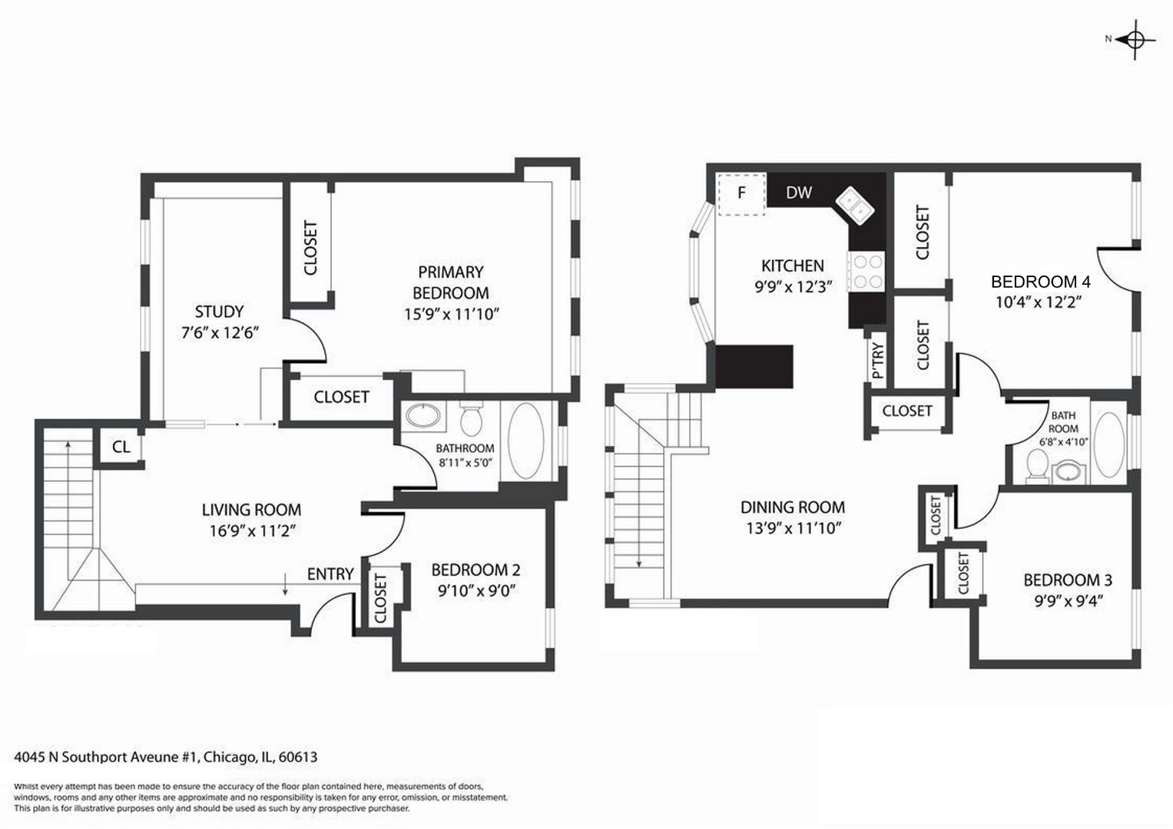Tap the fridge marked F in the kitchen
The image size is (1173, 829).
coord(741,193)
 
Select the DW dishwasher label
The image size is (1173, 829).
coord(799,193)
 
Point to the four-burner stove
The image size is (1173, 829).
coord(866,272)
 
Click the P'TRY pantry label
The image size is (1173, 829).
coord(878,360)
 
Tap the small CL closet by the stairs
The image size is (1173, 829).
coord(121,447)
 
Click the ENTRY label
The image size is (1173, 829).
coord(330,574)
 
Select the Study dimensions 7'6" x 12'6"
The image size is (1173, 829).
coord(220,333)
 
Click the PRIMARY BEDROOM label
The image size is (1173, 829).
coord(450,282)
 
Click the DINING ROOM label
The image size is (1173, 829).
coord(792,507)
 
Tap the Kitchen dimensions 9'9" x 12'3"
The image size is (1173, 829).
coord(793,287)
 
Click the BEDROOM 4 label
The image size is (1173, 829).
coord(1041,282)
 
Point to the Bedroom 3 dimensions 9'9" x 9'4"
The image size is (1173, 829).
coord(1069,601)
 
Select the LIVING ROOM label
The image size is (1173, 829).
coord(251,509)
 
